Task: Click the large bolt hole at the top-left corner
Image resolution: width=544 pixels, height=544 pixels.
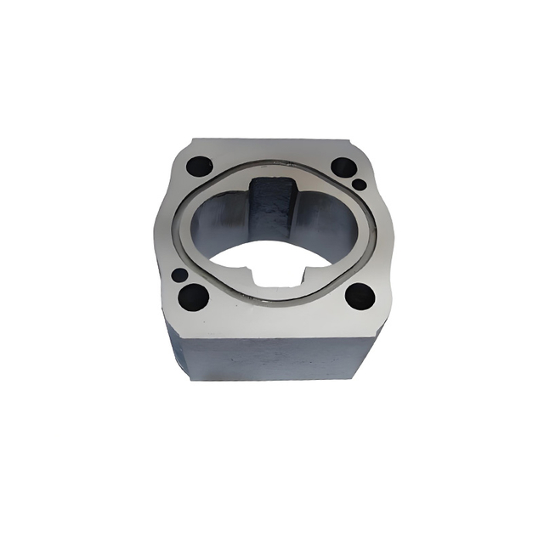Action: pos(197,166)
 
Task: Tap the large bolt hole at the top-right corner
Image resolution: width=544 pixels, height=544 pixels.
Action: pos(342,167)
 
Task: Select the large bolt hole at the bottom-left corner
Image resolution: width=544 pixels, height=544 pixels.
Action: pos(194,297)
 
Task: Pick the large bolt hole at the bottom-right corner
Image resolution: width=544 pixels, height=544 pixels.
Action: pos(360,296)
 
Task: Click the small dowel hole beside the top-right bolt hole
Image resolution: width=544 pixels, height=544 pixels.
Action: pos(360,184)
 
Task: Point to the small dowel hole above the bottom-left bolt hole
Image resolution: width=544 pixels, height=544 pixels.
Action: pos(179,275)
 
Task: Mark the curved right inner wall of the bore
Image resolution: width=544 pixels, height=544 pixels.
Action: pos(336,225)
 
